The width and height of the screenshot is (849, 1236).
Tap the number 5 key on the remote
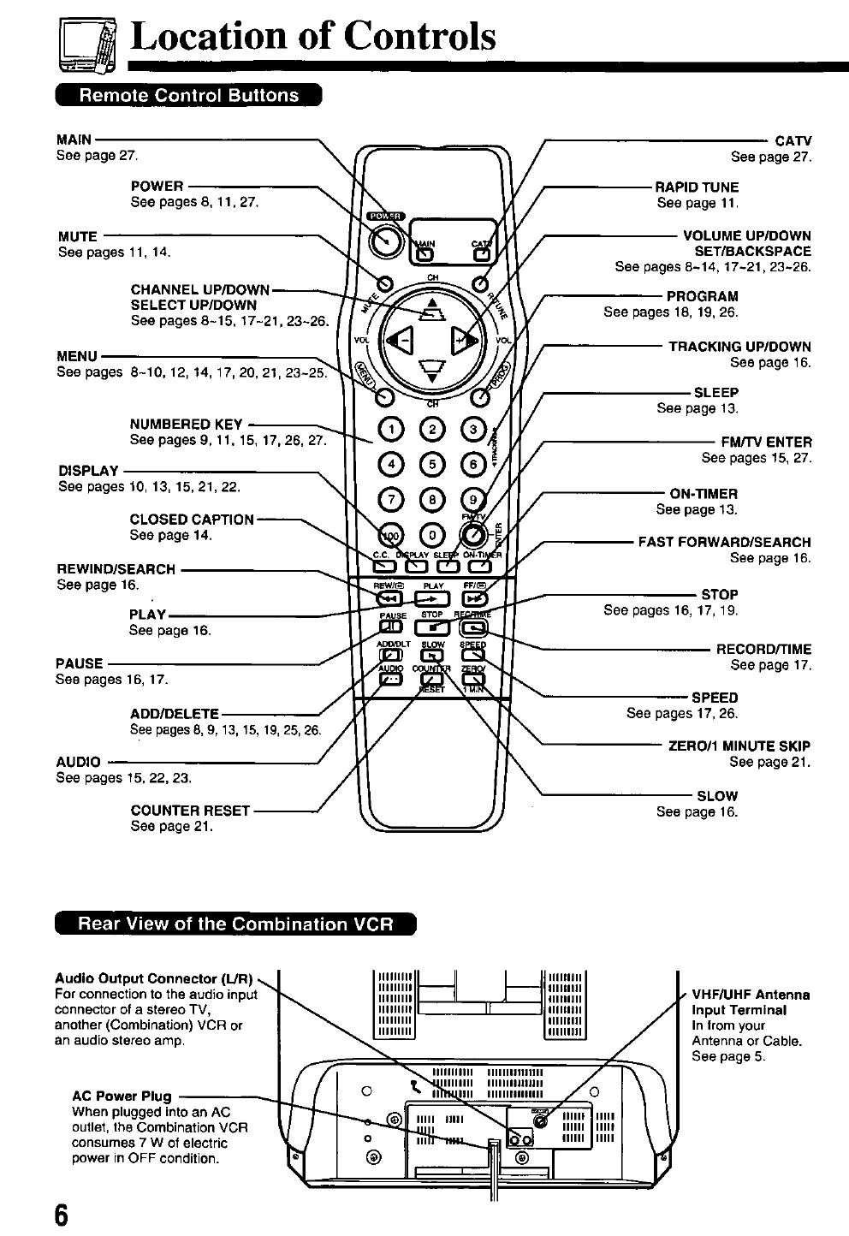433,464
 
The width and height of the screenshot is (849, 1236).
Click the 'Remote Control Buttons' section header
188,95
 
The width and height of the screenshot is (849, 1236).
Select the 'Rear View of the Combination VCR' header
235,924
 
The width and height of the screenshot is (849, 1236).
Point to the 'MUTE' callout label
78,236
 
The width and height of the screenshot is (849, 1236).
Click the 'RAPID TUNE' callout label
697,187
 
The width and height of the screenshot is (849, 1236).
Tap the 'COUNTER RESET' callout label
190,811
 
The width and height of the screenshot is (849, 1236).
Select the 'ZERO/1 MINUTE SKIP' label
739,746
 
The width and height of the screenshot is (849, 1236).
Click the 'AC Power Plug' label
122,1096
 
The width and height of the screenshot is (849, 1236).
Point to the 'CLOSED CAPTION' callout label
192,520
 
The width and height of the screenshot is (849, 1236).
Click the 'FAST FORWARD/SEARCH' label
724,542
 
